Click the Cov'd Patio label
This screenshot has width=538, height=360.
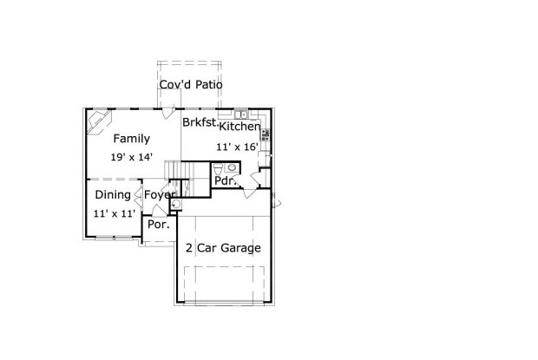coord(191,84)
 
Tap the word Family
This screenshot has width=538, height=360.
coord(132,139)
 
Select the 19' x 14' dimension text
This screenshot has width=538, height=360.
coord(131,157)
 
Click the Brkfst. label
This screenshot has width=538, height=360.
coord(200,122)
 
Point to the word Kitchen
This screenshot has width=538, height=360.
coord(239,126)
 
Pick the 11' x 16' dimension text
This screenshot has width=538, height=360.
coord(237,147)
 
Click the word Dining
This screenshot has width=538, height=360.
coord(113,194)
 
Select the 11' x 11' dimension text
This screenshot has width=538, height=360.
coord(115,213)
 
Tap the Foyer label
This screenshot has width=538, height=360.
coord(160,194)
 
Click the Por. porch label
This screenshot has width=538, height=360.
coord(159,225)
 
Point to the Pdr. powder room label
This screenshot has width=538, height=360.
coord(225,180)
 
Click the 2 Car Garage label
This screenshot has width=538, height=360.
coord(223,247)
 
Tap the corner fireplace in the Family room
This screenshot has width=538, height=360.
coord(99,122)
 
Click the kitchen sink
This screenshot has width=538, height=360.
coord(241,114)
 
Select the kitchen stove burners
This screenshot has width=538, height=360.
coord(266,134)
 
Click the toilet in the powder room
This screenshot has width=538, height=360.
coord(218,169)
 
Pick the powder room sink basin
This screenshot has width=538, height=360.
coord(232,167)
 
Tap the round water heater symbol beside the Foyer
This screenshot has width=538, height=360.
coord(176,205)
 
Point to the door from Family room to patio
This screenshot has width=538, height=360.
coord(168,113)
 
